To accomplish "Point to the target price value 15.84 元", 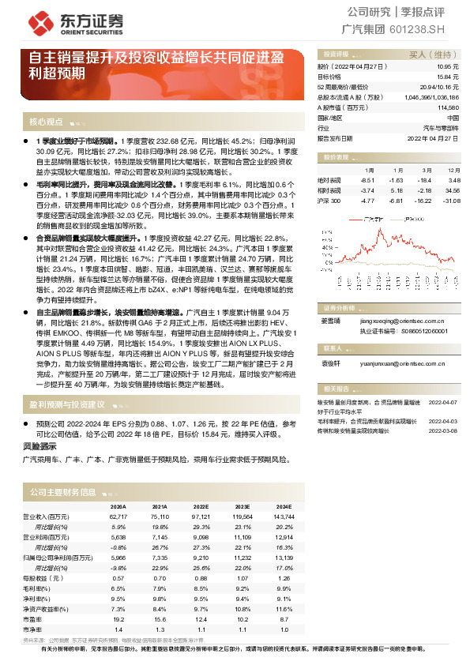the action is tap(448, 77).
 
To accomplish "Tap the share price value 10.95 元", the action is tap(448, 67).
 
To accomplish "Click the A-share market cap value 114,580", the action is tap(448, 106).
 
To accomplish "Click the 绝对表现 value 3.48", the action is tap(454, 180).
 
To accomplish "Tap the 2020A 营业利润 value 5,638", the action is tap(117, 536).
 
